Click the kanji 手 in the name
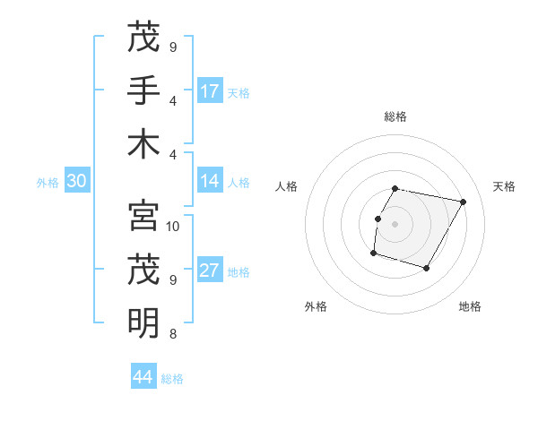pyautogui.click(x=143, y=90)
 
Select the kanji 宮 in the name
pyautogui.click(x=143, y=216)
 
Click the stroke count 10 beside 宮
pyautogui.click(x=174, y=226)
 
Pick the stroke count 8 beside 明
pyautogui.click(x=172, y=334)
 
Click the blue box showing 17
pyautogui.click(x=210, y=91)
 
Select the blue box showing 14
pyautogui.click(x=210, y=182)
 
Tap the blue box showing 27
pyautogui.click(x=210, y=271)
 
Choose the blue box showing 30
pyautogui.click(x=76, y=182)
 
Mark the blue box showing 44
pyautogui.click(x=143, y=377)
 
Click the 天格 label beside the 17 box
pyautogui.click(x=239, y=92)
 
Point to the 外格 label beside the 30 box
pyautogui.click(x=48, y=183)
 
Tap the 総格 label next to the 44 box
pyautogui.click(x=172, y=379)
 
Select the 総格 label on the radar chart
pyautogui.click(x=395, y=116)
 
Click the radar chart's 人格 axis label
pyautogui.click(x=287, y=186)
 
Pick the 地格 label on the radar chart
pyautogui.click(x=470, y=306)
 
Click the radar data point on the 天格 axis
pyautogui.click(x=463, y=202)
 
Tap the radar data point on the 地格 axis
pyautogui.click(x=427, y=269)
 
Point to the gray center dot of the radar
pyautogui.click(x=395, y=224)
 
